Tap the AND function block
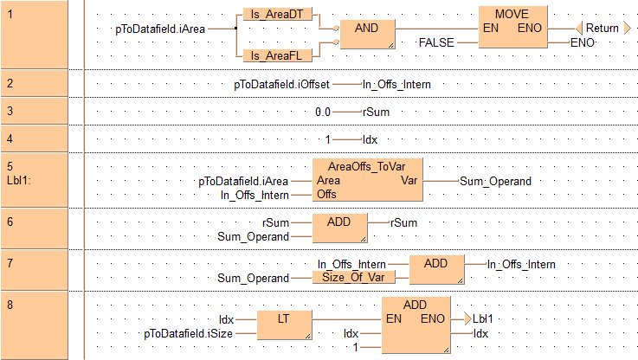click(x=366, y=35)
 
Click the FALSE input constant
click(x=436, y=42)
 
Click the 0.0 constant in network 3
click(x=324, y=112)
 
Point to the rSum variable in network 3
click(x=372, y=112)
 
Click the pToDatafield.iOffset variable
click(x=280, y=84)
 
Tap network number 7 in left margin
click(x=9, y=257)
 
